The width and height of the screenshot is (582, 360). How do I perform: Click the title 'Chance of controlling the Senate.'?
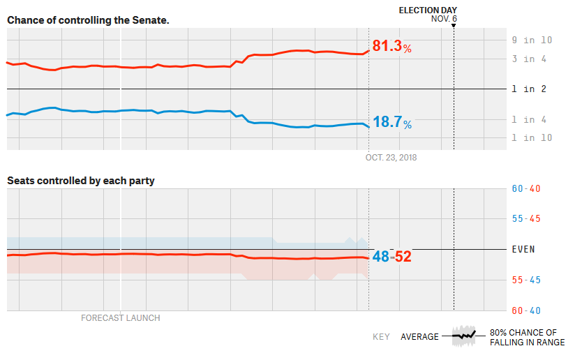[88, 20]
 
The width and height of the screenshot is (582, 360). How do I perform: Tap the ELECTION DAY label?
[428, 10]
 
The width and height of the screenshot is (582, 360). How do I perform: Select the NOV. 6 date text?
[444, 19]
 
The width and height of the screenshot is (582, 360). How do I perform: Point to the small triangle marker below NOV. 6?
[454, 26]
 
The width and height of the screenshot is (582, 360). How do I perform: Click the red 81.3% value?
[391, 47]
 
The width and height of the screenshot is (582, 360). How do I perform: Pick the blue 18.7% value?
[391, 123]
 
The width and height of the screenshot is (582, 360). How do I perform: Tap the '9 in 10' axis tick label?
[532, 40]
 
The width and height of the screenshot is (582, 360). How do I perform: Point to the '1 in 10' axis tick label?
[532, 137]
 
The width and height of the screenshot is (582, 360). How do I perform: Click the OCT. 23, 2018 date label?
[391, 158]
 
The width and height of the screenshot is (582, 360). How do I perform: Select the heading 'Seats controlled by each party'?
[81, 181]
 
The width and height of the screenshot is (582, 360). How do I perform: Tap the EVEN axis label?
[523, 249]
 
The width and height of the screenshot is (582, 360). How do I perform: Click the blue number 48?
[380, 257]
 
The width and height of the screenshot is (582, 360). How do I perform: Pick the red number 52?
[403, 257]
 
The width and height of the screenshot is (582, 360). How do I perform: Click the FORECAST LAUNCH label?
[120, 318]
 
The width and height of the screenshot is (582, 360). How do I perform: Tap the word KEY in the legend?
[381, 337]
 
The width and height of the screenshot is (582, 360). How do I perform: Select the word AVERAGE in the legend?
[419, 337]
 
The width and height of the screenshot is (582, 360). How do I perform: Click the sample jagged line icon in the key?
[463, 336]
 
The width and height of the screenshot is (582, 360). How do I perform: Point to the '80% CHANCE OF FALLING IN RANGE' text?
[527, 338]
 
